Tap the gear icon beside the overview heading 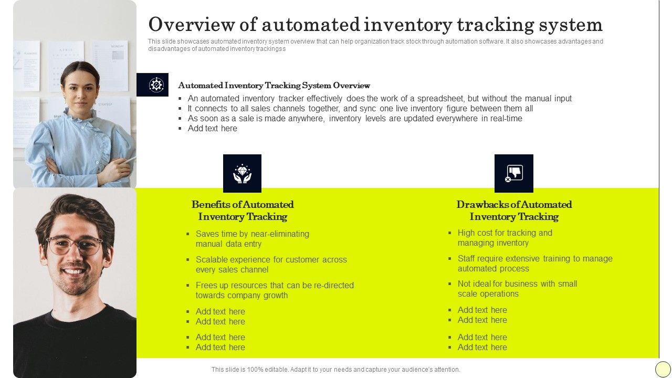pyautogui.click(x=156, y=85)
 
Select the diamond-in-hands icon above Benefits pyautogui.click(x=242, y=173)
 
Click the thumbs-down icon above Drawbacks pyautogui.click(x=513, y=173)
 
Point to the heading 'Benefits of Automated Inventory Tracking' pyautogui.click(x=243, y=211)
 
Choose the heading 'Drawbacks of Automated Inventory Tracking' pyautogui.click(x=514, y=211)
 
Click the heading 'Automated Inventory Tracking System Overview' pyautogui.click(x=274, y=86)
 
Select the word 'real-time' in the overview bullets pyautogui.click(x=506, y=118)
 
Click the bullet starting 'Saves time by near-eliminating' pyautogui.click(x=252, y=239)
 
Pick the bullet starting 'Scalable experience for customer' pyautogui.click(x=271, y=265)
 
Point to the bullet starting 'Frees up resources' pyautogui.click(x=274, y=290)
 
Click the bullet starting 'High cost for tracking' pyautogui.click(x=505, y=238)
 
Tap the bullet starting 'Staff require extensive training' pyautogui.click(x=534, y=264)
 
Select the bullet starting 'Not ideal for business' pyautogui.click(x=517, y=289)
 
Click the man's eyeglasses pyautogui.click(x=74, y=245)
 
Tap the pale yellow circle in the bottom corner pyautogui.click(x=663, y=369)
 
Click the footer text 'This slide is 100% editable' pyautogui.click(x=335, y=370)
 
